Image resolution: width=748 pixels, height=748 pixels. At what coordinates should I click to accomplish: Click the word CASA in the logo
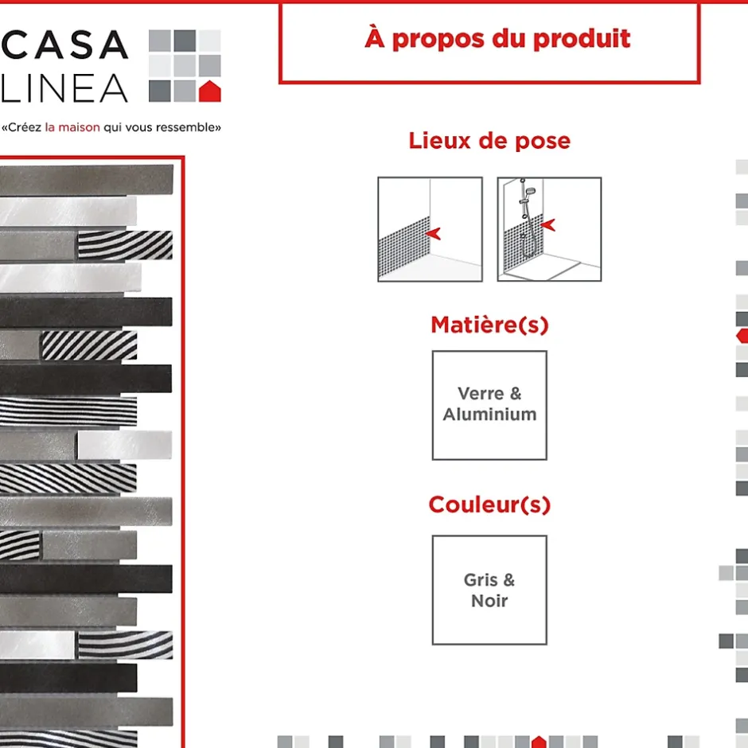pos(65,45)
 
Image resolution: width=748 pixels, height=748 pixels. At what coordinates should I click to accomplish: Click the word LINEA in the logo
pos(65,88)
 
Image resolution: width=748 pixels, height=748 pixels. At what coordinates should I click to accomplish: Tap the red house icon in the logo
pos(210,92)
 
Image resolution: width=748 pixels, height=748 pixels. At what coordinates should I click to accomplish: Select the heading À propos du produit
pos(497,39)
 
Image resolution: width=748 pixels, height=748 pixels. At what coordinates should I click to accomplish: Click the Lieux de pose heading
pos(489,141)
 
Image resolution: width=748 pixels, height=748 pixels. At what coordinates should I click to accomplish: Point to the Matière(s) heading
pos(489,325)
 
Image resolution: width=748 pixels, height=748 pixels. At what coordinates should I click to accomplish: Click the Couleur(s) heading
pos(489,505)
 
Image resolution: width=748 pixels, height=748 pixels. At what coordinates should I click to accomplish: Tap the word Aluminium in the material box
pos(489,414)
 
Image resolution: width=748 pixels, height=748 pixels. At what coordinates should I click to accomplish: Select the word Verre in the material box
pos(481,394)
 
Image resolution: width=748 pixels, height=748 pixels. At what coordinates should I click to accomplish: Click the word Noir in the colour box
pos(489,601)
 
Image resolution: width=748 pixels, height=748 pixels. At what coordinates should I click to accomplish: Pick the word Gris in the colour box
pos(481,580)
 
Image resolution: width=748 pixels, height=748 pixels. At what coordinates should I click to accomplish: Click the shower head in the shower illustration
pos(530,192)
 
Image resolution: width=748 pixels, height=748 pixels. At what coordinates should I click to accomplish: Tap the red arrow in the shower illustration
pos(548,224)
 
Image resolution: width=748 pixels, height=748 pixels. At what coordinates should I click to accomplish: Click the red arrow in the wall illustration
pos(433,233)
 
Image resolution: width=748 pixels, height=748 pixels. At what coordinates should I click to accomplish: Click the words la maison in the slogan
pos(72,127)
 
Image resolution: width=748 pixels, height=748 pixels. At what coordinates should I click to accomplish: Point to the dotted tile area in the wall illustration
pos(404,248)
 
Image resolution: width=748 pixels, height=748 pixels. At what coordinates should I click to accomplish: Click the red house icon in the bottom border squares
pos(539,742)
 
